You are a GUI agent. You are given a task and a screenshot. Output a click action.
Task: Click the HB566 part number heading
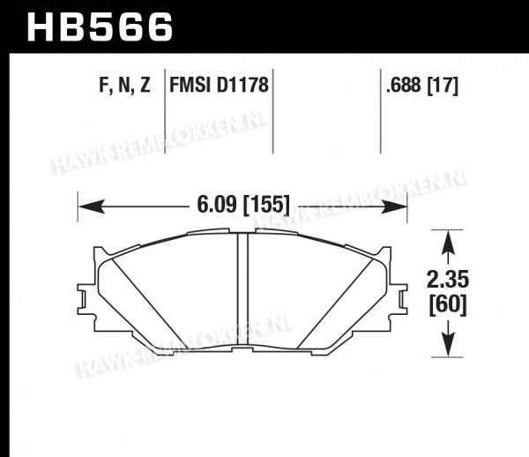pyautogui.click(x=100, y=27)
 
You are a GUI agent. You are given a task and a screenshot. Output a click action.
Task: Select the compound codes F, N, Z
pyautogui.click(x=124, y=85)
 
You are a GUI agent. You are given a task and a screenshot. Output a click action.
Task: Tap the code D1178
pyautogui.click(x=242, y=85)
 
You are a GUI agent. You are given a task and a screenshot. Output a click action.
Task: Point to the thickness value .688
pyautogui.click(x=404, y=85)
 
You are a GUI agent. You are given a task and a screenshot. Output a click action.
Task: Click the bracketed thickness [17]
pyautogui.click(x=443, y=86)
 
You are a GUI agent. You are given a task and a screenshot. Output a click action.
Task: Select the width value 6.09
pyautogui.click(x=217, y=205)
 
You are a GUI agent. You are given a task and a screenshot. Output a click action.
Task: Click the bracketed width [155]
pyautogui.click(x=266, y=205)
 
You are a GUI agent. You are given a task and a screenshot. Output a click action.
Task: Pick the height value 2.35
pyautogui.click(x=448, y=280)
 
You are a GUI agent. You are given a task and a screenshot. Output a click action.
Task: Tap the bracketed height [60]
pyautogui.click(x=448, y=305)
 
